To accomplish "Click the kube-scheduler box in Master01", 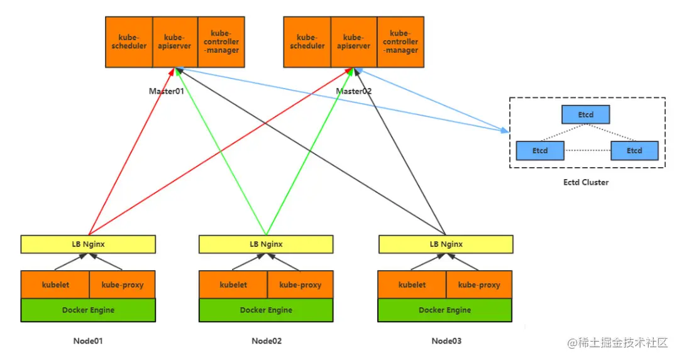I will tap(129, 42).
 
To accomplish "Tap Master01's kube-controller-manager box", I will tap(221, 42).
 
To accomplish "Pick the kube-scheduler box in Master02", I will tap(307, 42).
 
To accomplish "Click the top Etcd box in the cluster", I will tap(586, 115).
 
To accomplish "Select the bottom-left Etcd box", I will tap(540, 151).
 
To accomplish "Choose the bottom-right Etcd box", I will tap(634, 151).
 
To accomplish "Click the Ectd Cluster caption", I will tap(586, 182).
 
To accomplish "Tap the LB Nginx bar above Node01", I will tap(88, 244).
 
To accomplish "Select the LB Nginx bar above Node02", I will tap(266, 244).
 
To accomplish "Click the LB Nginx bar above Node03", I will tap(445, 244).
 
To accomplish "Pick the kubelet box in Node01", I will tap(55, 285).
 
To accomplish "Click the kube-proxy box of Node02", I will tap(300, 285).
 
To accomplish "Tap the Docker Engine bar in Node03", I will tap(445, 310).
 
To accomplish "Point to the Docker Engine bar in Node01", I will tap(88, 310).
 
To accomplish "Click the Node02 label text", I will tap(267, 341).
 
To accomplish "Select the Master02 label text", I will tap(353, 91).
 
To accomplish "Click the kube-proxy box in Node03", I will tap(479, 285).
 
